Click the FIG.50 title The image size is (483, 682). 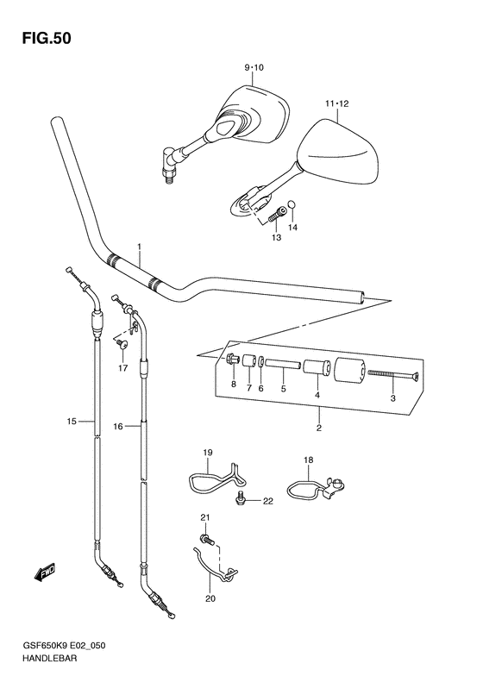47,39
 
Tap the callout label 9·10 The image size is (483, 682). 254,67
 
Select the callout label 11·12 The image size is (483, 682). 336,103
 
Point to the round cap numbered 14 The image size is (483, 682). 293,204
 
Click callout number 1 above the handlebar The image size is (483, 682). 139,247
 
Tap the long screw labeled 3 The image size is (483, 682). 393,374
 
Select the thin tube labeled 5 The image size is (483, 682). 282,363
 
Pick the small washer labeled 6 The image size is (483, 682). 260,361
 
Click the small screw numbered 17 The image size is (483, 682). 122,345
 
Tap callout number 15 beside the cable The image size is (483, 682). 72,421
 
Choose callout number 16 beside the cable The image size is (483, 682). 118,427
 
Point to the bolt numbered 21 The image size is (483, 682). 208,541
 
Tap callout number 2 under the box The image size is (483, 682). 319,428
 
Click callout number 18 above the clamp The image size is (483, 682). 309,460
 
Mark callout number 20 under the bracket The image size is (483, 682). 210,598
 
